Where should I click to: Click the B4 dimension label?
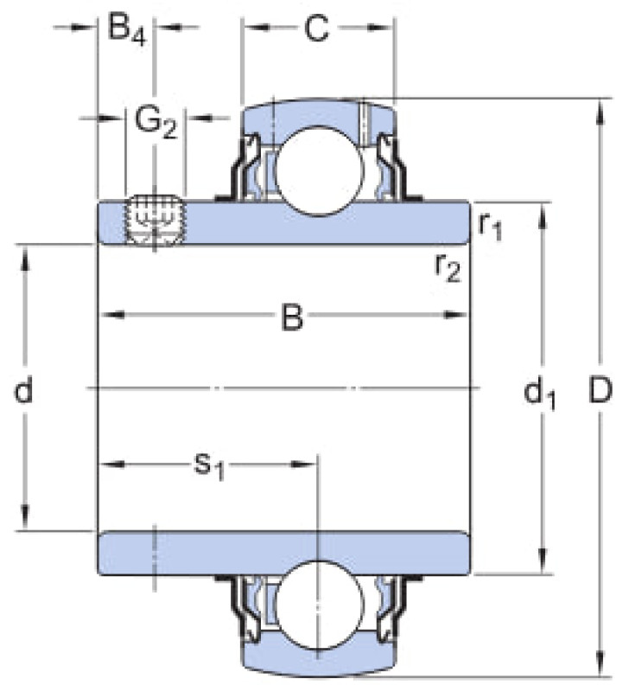click(126, 30)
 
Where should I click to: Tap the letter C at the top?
click(316, 29)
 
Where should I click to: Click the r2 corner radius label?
click(448, 267)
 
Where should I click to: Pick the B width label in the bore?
click(292, 316)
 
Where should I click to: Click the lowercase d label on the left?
click(24, 390)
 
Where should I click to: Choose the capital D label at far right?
click(600, 390)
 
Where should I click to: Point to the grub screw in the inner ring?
click(155, 220)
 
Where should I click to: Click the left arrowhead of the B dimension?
click(111, 315)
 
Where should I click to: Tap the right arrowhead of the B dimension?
click(454, 315)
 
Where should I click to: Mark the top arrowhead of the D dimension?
click(600, 112)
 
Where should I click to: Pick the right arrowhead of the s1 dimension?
click(304, 465)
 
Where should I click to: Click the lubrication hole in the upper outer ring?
click(365, 123)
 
